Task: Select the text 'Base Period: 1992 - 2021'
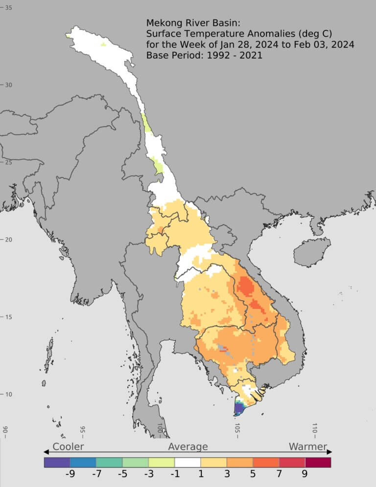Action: [204, 55]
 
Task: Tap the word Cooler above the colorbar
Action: [68, 446]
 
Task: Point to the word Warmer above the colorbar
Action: [307, 446]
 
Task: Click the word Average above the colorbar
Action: [188, 446]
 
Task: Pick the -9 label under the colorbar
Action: [70, 473]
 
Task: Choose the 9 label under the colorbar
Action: [305, 473]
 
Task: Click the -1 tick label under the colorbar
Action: [175, 473]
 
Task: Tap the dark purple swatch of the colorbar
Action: [57, 462]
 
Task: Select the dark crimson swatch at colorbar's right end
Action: [318, 462]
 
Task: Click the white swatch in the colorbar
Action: [188, 462]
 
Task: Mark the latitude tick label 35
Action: [8, 8]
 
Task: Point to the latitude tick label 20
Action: [8, 240]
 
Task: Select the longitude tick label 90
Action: [5, 430]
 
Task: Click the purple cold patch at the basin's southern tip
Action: [239, 408]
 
